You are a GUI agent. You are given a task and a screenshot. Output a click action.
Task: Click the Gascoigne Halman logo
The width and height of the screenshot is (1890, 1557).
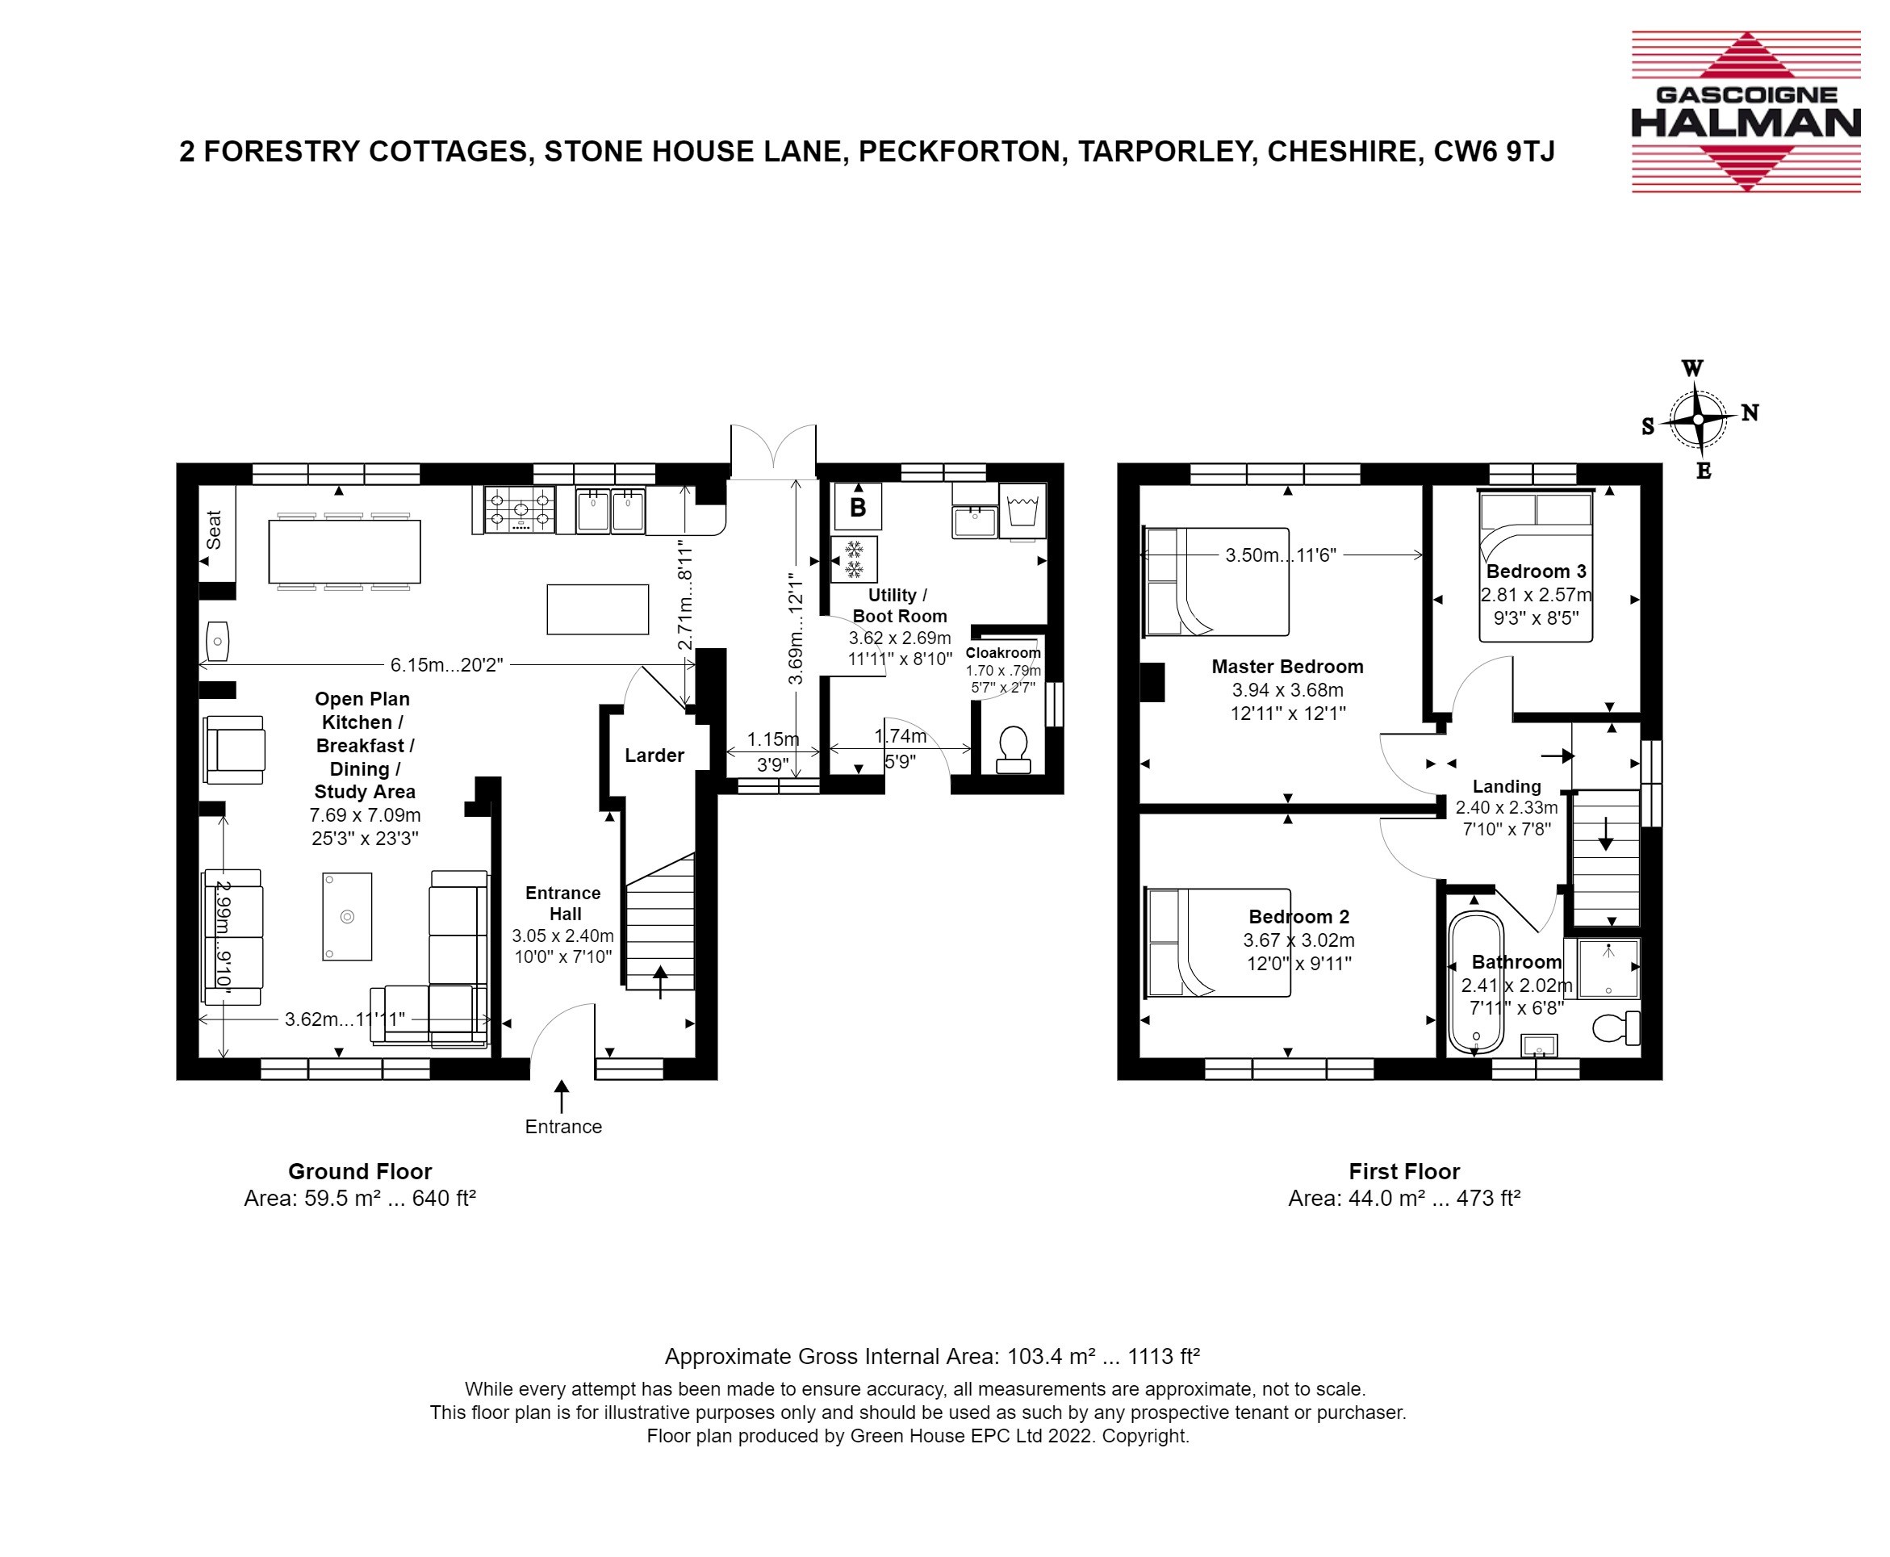(1746, 112)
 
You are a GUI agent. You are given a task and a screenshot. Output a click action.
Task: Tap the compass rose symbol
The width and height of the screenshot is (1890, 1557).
(1697, 420)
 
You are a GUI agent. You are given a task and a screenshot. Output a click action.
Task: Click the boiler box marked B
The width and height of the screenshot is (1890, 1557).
(857, 507)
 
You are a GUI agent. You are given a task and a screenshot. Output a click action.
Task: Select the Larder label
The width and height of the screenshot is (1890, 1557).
(654, 755)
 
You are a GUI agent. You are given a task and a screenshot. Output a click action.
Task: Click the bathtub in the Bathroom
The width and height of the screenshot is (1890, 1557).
(1475, 982)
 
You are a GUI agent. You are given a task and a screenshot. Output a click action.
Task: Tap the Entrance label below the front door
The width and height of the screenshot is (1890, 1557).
(563, 1127)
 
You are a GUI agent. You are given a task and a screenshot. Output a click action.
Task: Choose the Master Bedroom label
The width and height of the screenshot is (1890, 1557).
(1287, 667)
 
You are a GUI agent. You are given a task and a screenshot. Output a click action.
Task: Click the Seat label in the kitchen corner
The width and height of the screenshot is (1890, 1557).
(213, 529)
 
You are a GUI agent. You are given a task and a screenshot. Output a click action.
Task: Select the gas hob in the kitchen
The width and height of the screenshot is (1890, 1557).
(519, 510)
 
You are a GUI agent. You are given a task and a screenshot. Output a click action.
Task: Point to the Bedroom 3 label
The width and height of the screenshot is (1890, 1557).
(1536, 571)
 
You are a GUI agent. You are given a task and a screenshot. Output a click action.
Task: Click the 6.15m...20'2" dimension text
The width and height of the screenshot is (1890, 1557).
(446, 664)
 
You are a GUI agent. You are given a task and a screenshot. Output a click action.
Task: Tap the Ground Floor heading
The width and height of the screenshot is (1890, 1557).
(360, 1171)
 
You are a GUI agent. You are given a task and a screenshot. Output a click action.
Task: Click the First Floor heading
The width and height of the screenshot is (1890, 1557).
(1404, 1171)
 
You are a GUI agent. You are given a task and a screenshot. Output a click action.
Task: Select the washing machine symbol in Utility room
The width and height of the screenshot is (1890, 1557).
(1022, 512)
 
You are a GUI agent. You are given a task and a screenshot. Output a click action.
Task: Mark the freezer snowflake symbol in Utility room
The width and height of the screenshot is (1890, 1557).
(855, 559)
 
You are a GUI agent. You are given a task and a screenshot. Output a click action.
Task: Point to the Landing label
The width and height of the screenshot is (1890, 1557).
(1506, 787)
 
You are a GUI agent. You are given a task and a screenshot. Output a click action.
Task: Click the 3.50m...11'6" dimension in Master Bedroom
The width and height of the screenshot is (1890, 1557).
(1281, 555)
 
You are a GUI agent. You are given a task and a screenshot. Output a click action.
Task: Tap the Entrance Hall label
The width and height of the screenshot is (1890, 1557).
(563, 903)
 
